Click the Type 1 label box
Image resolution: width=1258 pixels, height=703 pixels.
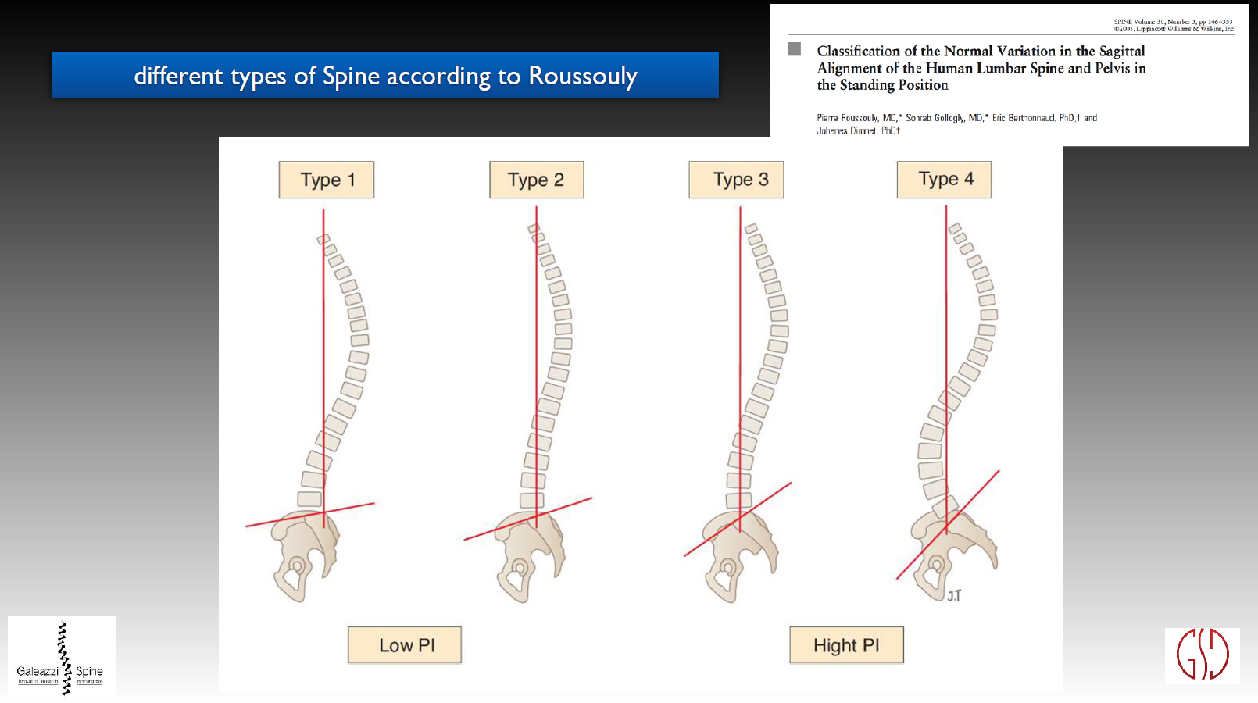click(x=327, y=180)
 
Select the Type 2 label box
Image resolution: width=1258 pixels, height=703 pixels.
click(x=536, y=180)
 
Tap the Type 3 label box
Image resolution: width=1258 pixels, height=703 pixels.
click(x=736, y=180)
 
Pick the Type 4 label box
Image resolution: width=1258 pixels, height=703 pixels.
click(x=944, y=180)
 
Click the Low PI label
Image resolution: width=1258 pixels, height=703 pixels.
click(x=405, y=645)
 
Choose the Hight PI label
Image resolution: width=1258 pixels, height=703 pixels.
click(x=846, y=645)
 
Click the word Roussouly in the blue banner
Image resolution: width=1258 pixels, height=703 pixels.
click(x=583, y=76)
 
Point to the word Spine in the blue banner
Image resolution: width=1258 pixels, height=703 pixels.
click(x=351, y=76)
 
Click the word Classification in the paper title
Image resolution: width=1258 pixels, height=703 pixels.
click(x=858, y=51)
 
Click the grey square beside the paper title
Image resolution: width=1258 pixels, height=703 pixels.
click(x=795, y=49)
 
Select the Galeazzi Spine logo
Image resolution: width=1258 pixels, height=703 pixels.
click(x=62, y=656)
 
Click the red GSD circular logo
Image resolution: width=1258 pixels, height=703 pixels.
click(x=1203, y=655)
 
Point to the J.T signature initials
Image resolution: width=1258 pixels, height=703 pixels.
click(x=954, y=595)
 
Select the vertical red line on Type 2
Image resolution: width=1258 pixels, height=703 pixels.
click(x=536, y=351)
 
